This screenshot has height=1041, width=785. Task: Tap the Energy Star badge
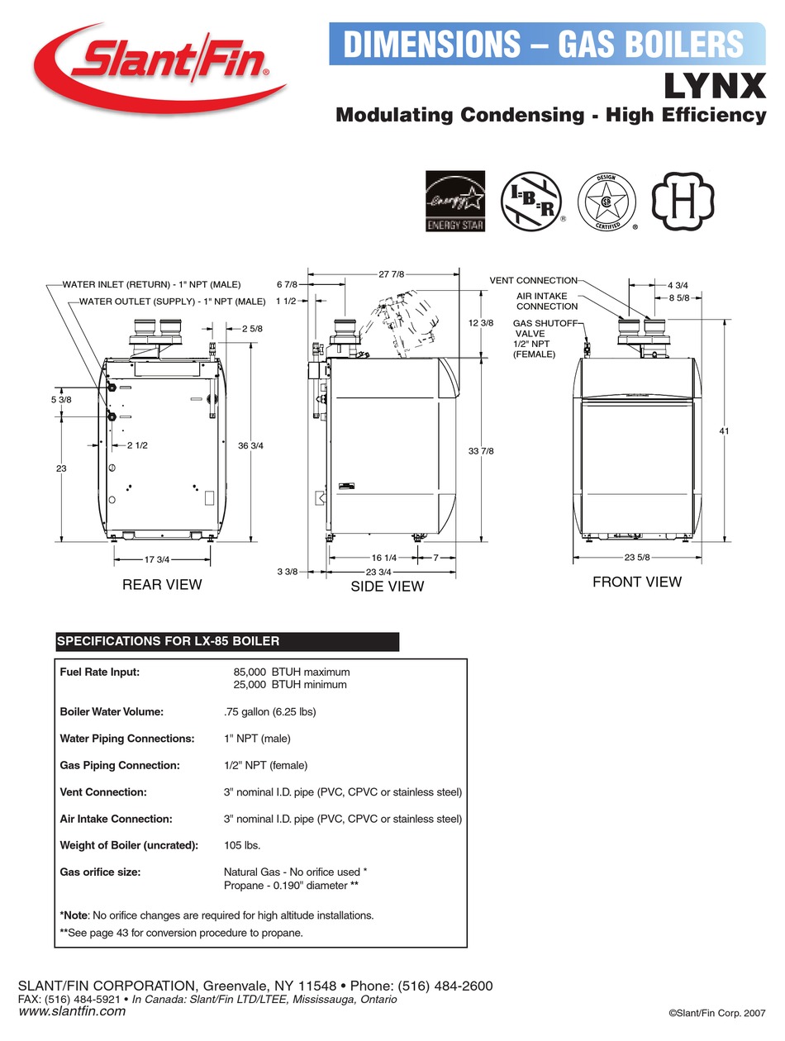tap(454, 202)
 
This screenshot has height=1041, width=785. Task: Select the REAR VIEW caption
tap(162, 584)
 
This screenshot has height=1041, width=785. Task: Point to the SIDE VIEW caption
tap(388, 586)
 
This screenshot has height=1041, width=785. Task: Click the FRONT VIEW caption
tap(637, 582)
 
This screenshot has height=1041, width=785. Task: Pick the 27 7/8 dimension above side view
tap(392, 274)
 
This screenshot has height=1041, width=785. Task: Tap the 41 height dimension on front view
tap(724, 430)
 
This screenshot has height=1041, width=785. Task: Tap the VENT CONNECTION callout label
tap(533, 281)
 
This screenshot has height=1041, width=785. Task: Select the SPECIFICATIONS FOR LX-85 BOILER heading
tap(168, 641)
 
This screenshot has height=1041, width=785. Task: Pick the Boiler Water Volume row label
tap(112, 711)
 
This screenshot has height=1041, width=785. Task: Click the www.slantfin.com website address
tap(72, 1010)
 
